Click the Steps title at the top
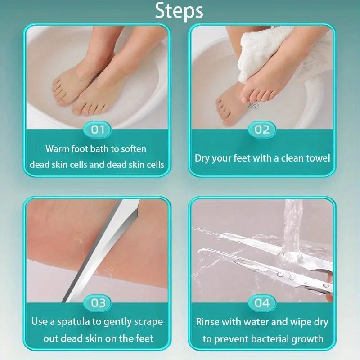179,11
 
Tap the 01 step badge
98,130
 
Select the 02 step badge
262,130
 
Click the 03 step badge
98,303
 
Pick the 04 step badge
262,303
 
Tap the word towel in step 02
316,158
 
